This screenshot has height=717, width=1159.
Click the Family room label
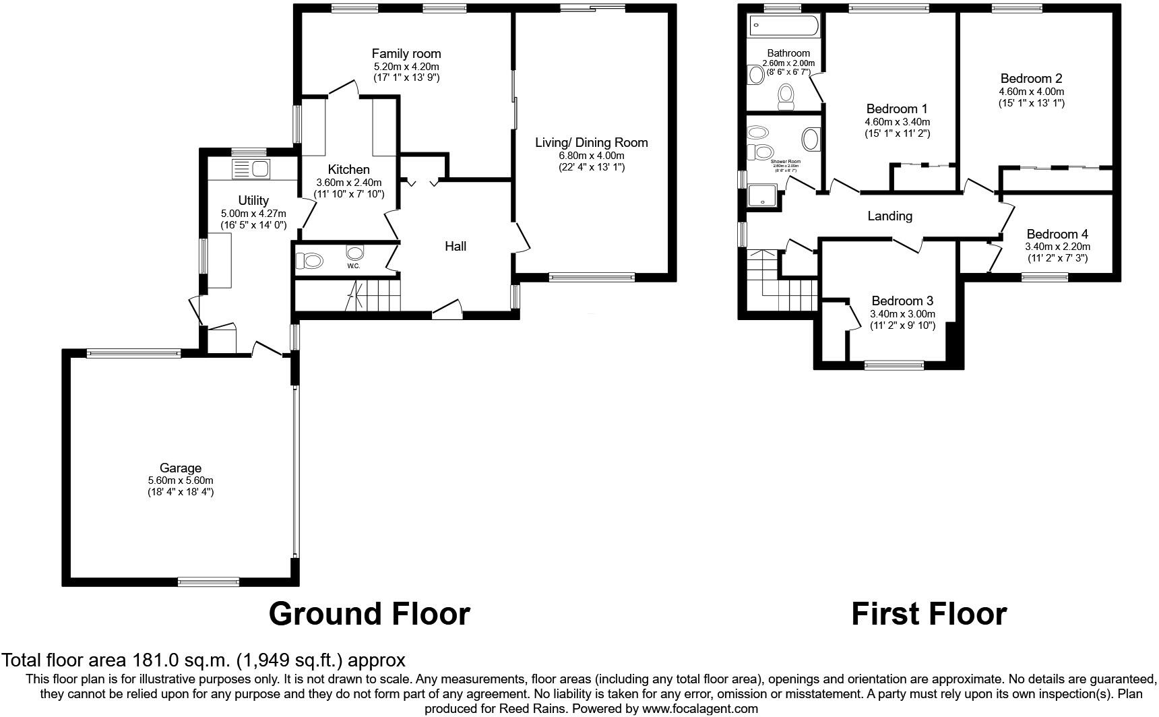point(406,54)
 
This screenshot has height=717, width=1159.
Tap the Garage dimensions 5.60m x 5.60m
point(181,480)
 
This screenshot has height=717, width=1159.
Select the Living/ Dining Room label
point(591,143)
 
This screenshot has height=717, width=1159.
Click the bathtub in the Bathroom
point(784,26)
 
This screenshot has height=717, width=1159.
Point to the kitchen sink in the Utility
point(250,168)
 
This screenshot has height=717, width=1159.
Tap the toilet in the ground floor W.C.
point(310,259)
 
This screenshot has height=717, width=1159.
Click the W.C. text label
point(354,266)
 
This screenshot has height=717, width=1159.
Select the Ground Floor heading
point(369,614)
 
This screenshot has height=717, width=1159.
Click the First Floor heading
point(929,614)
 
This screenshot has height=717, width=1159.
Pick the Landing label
point(889,216)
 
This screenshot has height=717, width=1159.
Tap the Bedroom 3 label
point(902,301)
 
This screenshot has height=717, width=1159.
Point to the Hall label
point(456,247)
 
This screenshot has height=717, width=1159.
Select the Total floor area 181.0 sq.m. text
point(203,660)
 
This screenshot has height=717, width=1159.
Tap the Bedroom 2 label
point(1031,79)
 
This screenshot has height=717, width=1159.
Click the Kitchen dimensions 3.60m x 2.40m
point(348,183)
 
